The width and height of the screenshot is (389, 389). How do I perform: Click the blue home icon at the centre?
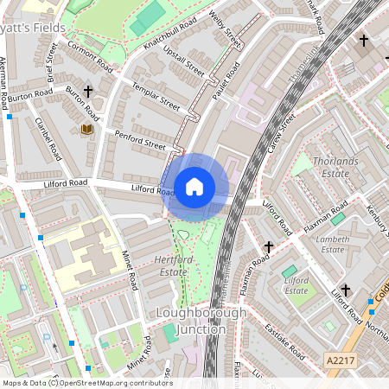tap(194, 187)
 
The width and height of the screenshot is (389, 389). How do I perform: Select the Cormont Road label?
tap(90, 56)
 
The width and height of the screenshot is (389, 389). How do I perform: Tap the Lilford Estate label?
tap(297, 284)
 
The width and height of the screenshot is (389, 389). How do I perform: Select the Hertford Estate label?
tap(170, 265)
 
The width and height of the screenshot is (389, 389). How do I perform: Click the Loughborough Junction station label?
tap(189, 320)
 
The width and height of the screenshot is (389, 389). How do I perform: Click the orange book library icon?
tap(86, 130)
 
